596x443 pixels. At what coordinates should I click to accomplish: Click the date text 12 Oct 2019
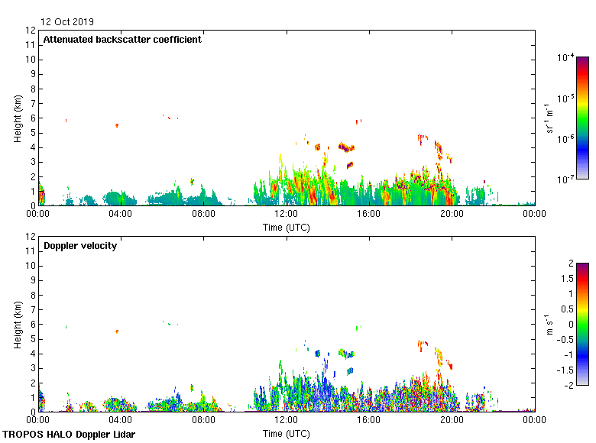[67, 22]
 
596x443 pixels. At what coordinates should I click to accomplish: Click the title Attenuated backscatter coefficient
[122, 40]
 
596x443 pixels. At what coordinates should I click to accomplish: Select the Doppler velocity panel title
[80, 246]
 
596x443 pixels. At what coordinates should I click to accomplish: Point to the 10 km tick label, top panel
[30, 60]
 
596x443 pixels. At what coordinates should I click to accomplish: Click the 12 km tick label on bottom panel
[30, 237]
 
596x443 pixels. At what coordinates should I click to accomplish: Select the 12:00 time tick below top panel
[286, 215]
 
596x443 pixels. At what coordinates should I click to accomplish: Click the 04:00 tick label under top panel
[121, 215]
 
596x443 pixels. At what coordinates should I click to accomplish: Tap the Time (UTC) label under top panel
[286, 227]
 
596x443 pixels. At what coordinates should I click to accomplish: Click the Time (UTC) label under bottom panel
[286, 433]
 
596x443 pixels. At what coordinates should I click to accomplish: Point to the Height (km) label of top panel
[17, 118]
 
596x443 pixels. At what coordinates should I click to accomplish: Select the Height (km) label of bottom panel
[17, 325]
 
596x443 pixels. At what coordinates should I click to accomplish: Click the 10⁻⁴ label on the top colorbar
[567, 58]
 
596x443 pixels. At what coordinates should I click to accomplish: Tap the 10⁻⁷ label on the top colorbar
[567, 179]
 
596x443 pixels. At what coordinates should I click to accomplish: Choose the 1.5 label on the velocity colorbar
[566, 279]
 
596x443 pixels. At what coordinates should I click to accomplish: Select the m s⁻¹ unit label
[550, 325]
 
